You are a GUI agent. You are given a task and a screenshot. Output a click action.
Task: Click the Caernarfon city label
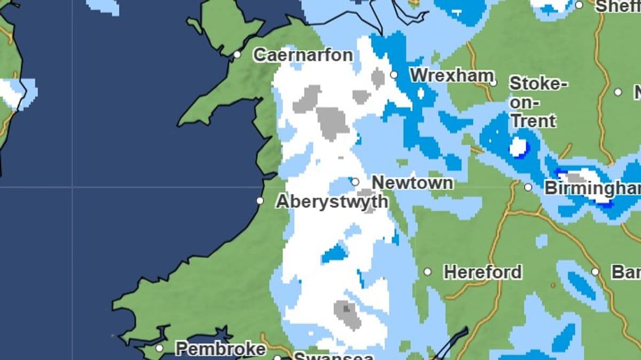pos(303,55)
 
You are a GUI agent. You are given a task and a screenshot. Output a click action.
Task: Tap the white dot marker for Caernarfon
pos(237,54)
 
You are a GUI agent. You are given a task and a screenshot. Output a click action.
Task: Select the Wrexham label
pos(451,75)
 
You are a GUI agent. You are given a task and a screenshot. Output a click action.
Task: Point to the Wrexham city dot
pos(394,75)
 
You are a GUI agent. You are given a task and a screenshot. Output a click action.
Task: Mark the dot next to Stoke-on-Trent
pos(493,83)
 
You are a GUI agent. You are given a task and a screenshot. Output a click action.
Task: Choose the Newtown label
pos(412,183)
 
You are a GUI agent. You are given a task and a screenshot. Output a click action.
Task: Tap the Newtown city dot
pos(355,182)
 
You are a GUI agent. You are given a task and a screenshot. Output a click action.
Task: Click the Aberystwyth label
pos(332,201)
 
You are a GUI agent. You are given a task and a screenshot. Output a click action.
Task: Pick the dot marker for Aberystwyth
pos(260,201)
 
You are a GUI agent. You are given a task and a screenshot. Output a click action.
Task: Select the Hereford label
pos(483,272)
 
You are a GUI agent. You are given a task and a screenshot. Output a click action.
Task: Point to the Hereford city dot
pos(427,272)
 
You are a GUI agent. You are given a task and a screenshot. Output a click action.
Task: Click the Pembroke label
pos(220,349)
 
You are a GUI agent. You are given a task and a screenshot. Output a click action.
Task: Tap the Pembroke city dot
pos(159,348)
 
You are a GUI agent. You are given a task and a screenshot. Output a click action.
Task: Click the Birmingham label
pos(592,188)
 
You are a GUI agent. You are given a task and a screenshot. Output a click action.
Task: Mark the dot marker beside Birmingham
pos(528,187)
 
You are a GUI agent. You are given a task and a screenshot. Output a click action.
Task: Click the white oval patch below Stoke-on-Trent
pos(518,147)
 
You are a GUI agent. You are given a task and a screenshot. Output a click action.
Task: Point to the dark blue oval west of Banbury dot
pos(581,285)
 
